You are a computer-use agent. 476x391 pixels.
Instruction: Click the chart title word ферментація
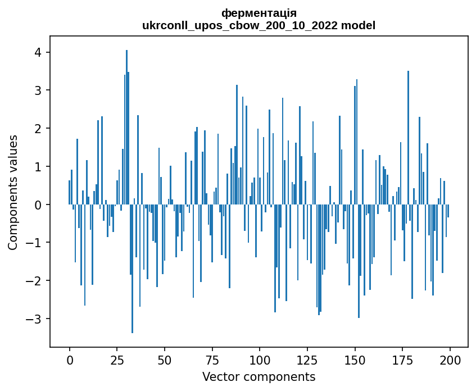[259, 13]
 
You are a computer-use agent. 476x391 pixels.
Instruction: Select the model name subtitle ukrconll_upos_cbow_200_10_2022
[259, 25]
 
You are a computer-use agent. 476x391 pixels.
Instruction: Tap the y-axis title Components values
[13, 192]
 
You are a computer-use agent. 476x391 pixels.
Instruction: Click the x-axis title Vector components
[259, 376]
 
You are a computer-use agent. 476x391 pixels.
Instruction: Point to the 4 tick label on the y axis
[38, 52]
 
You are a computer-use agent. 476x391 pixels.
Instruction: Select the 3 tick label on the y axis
[38, 90]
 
